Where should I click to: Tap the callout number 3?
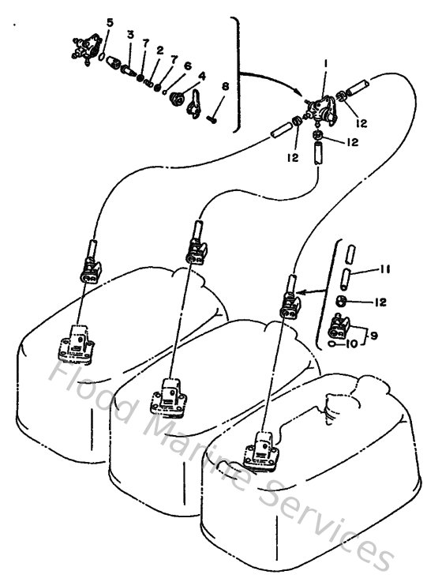point(130,36)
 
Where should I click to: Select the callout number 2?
point(159,50)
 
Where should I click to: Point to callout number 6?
point(188,66)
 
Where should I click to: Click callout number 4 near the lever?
point(202,77)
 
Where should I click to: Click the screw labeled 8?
point(214,119)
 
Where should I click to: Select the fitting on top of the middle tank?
point(172,392)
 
